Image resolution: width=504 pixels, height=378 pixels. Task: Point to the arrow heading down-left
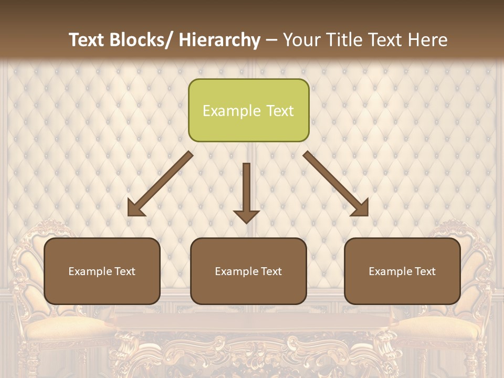pyautogui.click(x=160, y=184)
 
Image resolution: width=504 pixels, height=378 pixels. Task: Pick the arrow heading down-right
pyautogui.click(x=336, y=184)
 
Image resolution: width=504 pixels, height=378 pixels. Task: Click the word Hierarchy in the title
pyautogui.click(x=219, y=40)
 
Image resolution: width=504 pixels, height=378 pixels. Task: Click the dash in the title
pyautogui.click(x=271, y=40)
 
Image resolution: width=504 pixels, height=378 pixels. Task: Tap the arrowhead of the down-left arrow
pyautogui.click(x=136, y=208)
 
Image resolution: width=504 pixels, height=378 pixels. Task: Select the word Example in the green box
pyautogui.click(x=230, y=111)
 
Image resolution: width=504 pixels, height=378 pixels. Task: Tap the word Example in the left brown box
pyautogui.click(x=90, y=271)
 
